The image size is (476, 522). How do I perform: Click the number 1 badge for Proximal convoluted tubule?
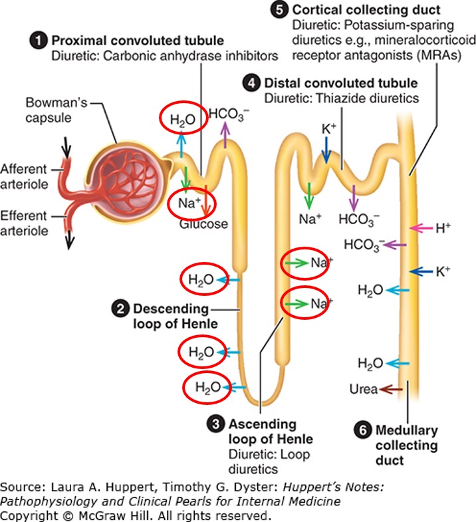pyautogui.click(x=41, y=40)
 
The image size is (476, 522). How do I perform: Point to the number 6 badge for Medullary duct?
pyautogui.click(x=363, y=430)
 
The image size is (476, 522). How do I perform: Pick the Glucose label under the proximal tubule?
pyautogui.click(x=203, y=224)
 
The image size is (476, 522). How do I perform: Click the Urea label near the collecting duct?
pyautogui.click(x=363, y=389)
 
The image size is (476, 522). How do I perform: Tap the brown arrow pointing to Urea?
pyautogui.click(x=392, y=389)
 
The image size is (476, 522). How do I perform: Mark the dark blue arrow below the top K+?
pyautogui.click(x=325, y=153)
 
